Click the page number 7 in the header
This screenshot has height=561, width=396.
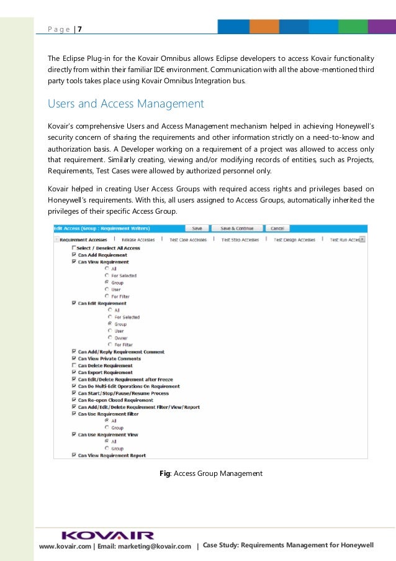click(79, 29)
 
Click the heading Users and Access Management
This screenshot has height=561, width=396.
click(126, 103)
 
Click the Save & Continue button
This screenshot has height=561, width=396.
click(237, 228)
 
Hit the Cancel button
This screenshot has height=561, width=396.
click(277, 228)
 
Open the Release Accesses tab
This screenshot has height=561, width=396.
click(138, 239)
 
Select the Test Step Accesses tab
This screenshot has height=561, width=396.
click(240, 239)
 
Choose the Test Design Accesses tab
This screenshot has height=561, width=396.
click(294, 239)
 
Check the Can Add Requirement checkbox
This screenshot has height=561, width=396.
click(74, 255)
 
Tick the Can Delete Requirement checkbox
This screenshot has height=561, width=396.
click(74, 366)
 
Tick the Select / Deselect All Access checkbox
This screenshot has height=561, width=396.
click(74, 248)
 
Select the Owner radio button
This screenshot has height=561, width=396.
click(109, 338)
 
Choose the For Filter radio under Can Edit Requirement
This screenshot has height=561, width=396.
click(109, 345)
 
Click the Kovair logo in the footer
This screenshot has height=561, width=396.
click(107, 535)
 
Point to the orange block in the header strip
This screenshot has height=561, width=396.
click(264, 27)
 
